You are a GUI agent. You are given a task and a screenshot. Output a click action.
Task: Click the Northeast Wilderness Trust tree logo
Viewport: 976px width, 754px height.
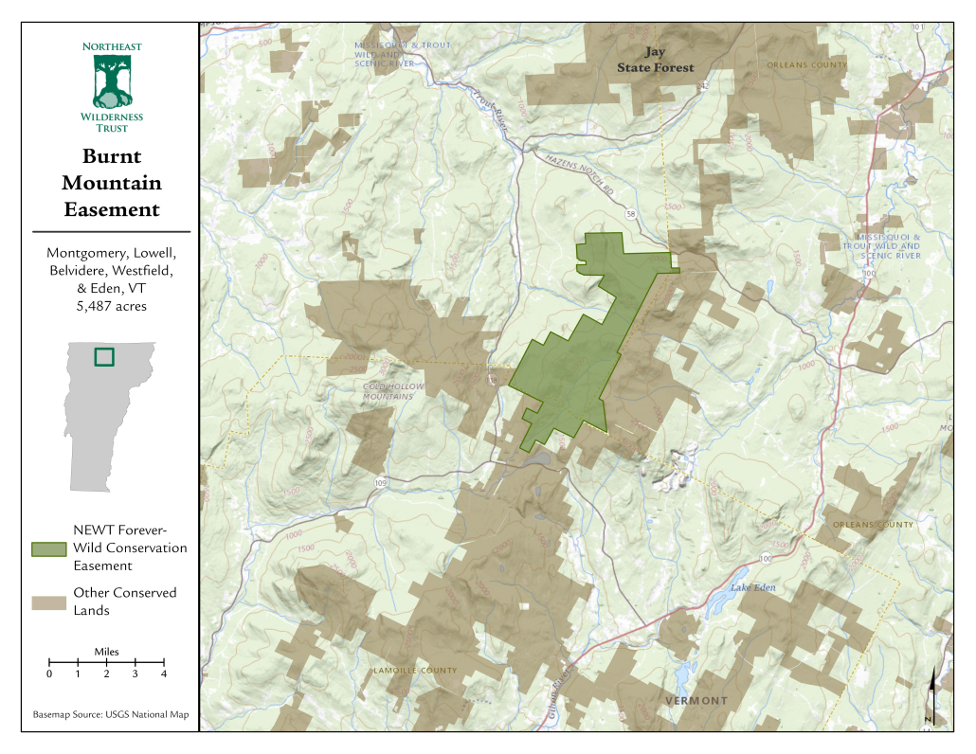point(112,81)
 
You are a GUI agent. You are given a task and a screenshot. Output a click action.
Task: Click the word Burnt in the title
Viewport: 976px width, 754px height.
point(111,156)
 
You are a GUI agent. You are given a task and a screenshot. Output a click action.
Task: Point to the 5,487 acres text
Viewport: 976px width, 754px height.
point(111,306)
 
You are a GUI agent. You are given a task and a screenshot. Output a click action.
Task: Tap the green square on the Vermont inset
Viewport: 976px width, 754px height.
point(104,357)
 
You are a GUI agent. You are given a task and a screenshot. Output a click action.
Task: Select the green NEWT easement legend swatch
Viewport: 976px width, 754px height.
point(48,549)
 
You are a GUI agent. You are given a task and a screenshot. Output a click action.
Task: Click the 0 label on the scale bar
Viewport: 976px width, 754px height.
point(49,674)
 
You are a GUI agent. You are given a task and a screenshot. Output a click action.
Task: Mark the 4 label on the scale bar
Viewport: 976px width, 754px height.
point(164,674)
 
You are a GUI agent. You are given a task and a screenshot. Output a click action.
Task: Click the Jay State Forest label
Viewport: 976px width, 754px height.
point(656,60)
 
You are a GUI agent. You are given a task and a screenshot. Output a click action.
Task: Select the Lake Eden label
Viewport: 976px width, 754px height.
point(752,589)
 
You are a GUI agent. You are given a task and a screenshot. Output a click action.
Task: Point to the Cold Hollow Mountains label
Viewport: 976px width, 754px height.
point(389,392)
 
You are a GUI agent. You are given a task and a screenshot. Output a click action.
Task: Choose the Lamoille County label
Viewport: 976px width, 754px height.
point(415,671)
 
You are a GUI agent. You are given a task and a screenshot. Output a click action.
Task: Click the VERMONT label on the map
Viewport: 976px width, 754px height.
point(696,701)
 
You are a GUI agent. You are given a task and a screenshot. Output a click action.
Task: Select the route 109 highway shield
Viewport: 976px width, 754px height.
point(381,483)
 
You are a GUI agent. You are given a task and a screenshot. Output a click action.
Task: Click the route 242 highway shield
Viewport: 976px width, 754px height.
point(704,86)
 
